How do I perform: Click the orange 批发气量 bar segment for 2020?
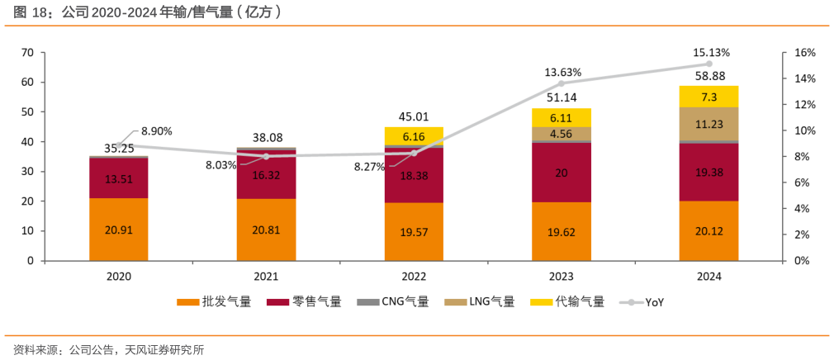[119, 230]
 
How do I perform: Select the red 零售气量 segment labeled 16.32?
[266, 175]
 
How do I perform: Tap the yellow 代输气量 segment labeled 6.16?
[414, 136]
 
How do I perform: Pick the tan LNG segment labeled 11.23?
[708, 124]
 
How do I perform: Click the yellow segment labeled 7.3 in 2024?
[708, 97]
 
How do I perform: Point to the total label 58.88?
[709, 76]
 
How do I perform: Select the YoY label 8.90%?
[156, 131]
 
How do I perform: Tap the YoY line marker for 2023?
[562, 83]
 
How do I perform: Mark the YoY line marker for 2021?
[266, 156]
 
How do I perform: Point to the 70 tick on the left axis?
[27, 53]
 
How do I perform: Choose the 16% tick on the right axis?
[804, 53]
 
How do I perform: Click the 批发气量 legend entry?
[214, 302]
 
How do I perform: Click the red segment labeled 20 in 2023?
[562, 173]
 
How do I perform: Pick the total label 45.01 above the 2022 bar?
[414, 117]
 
